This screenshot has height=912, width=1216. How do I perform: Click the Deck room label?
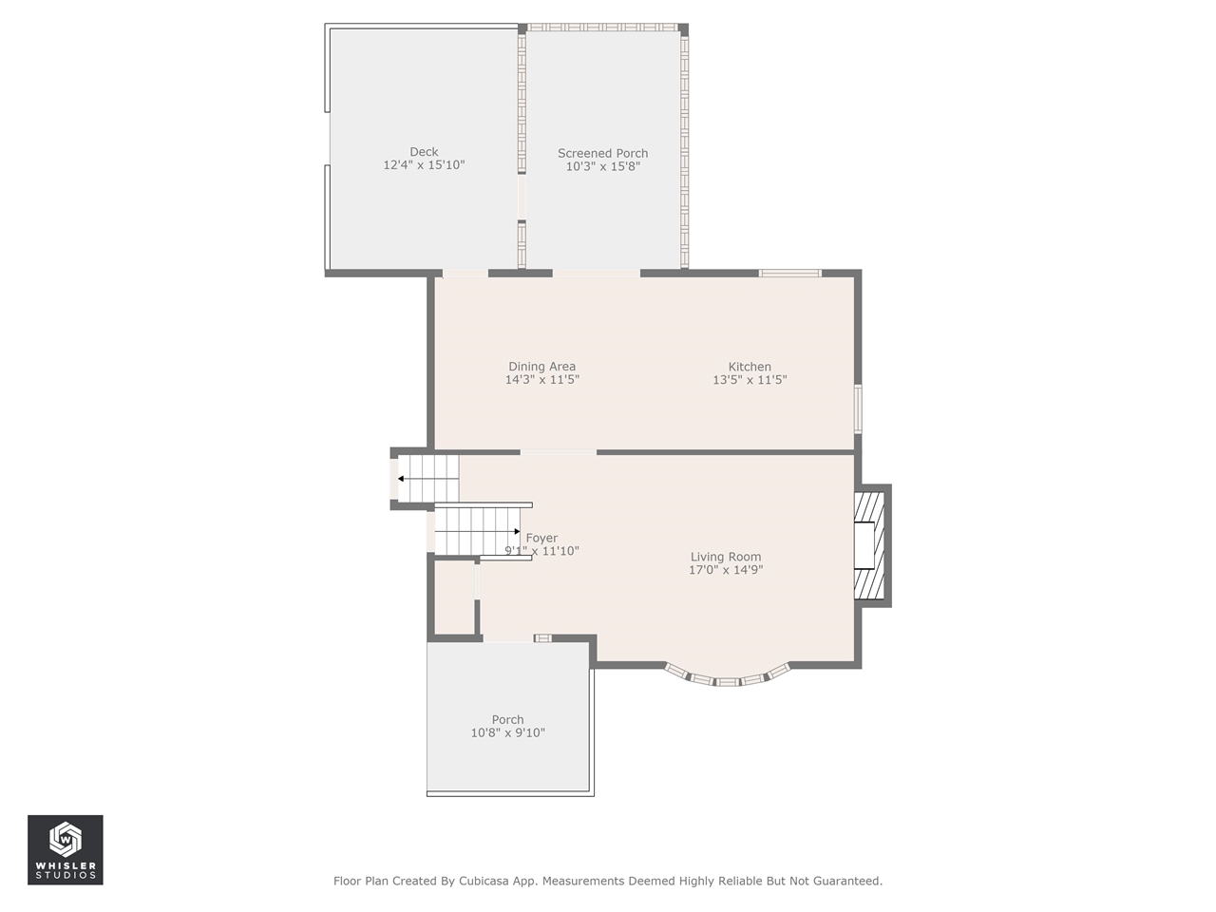click(x=424, y=152)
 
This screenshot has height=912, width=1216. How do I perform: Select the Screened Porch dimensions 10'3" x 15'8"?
click(x=602, y=167)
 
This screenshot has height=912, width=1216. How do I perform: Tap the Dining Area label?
click(x=541, y=367)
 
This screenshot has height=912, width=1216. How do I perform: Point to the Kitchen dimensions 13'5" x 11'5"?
click(x=750, y=380)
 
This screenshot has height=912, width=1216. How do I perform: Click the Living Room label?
click(x=725, y=557)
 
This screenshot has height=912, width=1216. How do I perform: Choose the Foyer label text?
click(x=542, y=538)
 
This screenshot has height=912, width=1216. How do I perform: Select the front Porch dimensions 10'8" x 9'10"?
click(x=507, y=732)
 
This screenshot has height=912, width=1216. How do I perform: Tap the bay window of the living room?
click(x=727, y=677)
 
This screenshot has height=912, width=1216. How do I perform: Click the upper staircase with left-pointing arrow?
click(x=427, y=478)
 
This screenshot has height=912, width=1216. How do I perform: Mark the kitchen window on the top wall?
click(x=789, y=274)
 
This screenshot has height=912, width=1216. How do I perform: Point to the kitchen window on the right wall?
click(x=858, y=408)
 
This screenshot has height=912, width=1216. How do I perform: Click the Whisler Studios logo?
click(x=66, y=849)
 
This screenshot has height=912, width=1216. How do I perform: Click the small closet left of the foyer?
click(x=454, y=598)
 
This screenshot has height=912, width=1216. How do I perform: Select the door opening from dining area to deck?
click(x=465, y=274)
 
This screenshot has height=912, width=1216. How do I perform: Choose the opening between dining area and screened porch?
click(x=596, y=274)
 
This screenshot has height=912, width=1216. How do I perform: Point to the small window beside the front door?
click(x=542, y=638)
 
